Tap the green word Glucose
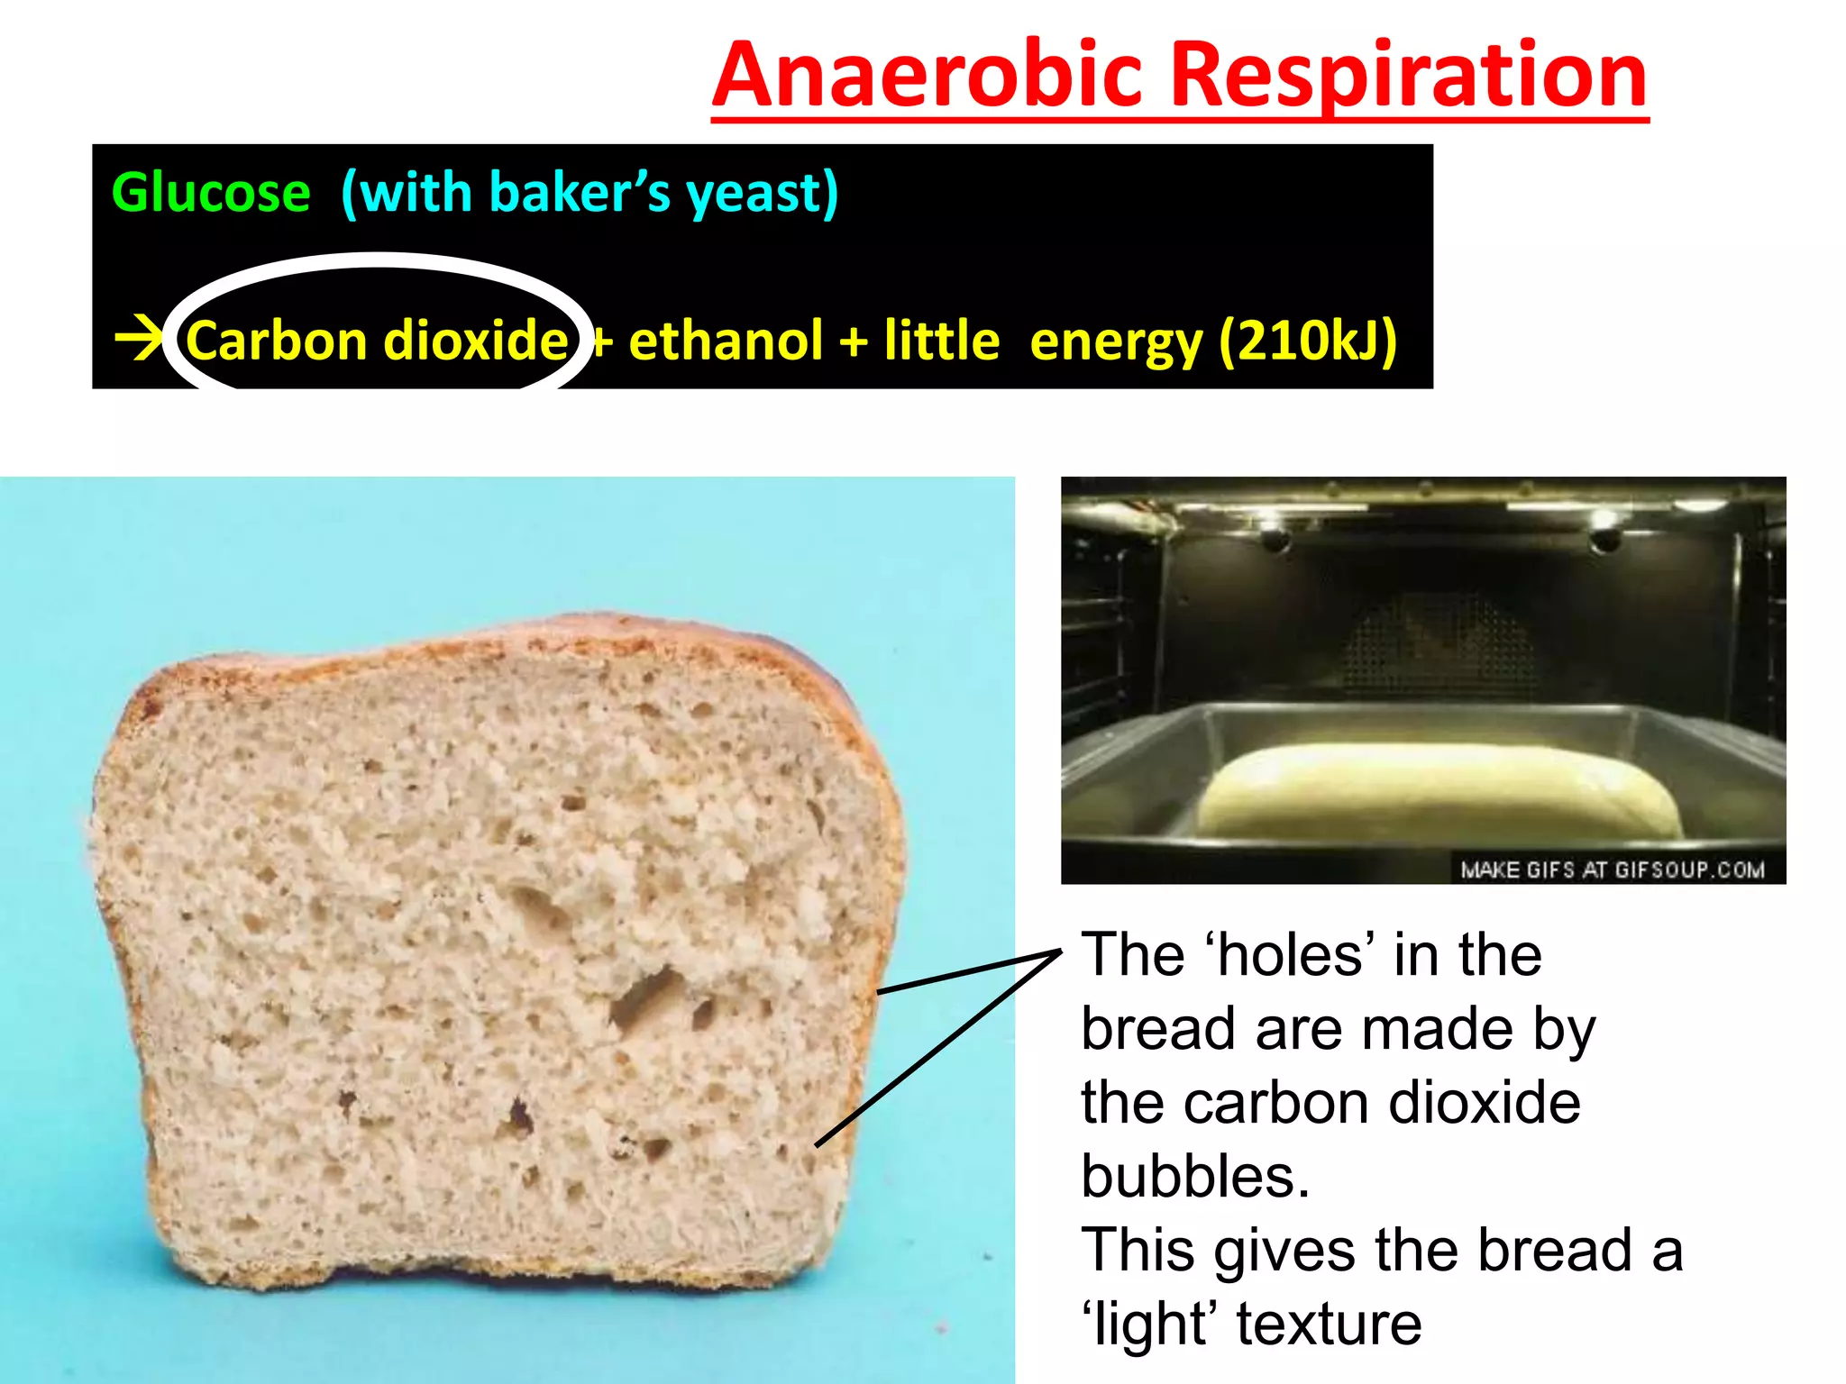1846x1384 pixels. pyautogui.click(x=211, y=193)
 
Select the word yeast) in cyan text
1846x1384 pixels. pyautogui.click(x=763, y=193)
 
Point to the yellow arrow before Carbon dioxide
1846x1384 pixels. pyautogui.click(x=138, y=340)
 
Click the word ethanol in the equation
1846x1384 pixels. pyautogui.click(x=726, y=341)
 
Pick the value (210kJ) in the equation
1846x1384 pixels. pyautogui.click(x=1307, y=341)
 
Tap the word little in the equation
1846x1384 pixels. pyautogui.click(x=941, y=341)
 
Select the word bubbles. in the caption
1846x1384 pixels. pyautogui.click(x=1195, y=1176)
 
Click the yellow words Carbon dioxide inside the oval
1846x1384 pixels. pyautogui.click(x=377, y=341)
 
